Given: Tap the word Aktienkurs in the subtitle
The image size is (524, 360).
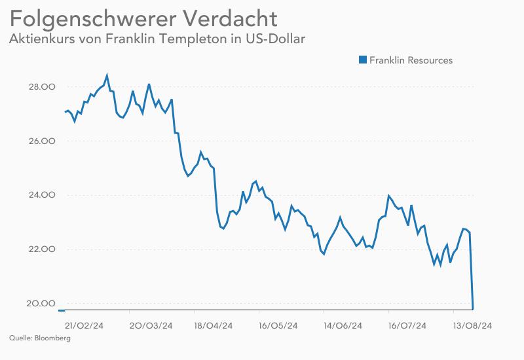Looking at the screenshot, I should (x=41, y=39).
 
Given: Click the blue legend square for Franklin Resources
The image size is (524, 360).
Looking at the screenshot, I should (x=362, y=60).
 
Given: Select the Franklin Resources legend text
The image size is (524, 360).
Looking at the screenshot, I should (x=411, y=60).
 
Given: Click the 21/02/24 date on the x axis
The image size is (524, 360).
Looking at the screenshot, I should (x=85, y=325).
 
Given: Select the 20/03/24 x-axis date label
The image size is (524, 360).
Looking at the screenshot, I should (x=151, y=325).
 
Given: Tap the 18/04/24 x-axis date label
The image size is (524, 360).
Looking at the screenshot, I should (x=215, y=325).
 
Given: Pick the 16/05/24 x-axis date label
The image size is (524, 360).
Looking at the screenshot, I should (x=278, y=325).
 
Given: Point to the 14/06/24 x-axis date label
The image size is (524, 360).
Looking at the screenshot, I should (x=343, y=325).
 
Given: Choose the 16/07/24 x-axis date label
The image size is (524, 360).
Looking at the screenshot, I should (x=407, y=325).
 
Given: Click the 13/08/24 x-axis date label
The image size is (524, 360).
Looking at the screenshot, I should (x=473, y=325).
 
